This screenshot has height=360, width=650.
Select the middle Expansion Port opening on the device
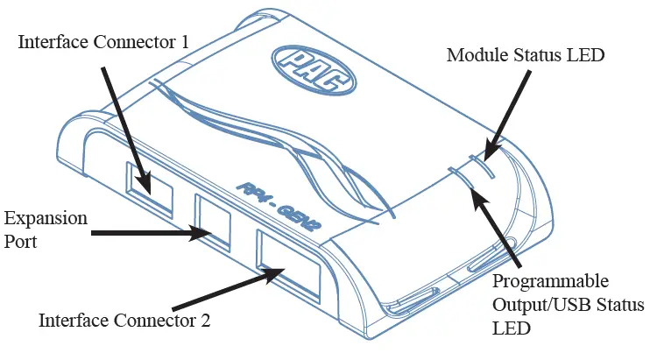point(212,219)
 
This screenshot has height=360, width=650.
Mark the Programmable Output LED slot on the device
point(461,178)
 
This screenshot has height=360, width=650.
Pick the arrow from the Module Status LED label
point(508,114)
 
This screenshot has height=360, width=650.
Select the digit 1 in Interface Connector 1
point(209,41)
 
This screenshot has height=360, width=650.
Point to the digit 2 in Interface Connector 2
point(206,320)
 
